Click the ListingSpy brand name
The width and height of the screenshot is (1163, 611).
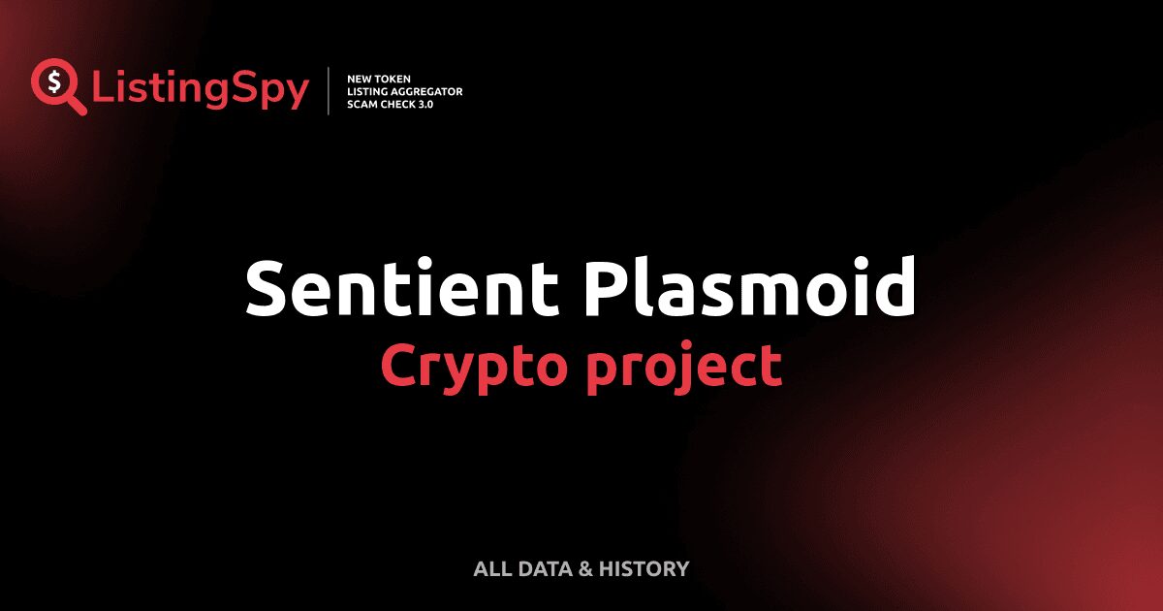click(201, 89)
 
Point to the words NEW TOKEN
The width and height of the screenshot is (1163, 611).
click(372, 79)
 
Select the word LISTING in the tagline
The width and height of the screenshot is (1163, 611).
click(366, 91)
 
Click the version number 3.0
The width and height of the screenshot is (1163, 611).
click(426, 104)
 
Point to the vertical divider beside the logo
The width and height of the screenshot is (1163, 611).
click(330, 91)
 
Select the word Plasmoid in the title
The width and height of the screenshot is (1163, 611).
click(749, 288)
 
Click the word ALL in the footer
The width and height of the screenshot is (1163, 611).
click(490, 568)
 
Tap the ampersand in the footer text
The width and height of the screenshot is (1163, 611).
click(585, 568)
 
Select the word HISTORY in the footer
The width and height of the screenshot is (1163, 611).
click(644, 568)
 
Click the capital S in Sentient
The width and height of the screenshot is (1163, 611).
click(268, 288)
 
